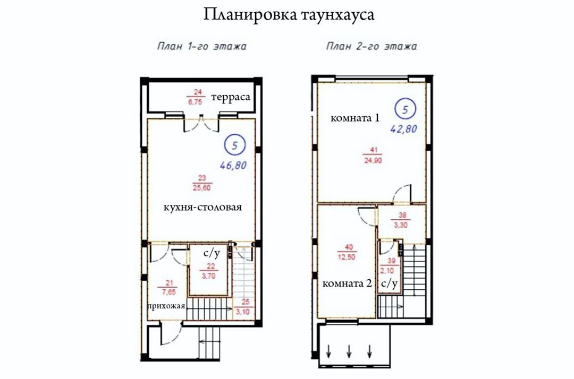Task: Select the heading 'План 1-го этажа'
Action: click(202, 46)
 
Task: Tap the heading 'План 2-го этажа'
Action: click(371, 46)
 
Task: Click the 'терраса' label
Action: click(231, 97)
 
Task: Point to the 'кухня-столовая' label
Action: click(202, 207)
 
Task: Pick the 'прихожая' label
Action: click(166, 306)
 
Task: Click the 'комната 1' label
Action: click(354, 118)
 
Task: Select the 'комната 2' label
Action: click(347, 283)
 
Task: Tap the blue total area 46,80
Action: click(233, 166)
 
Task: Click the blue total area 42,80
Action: click(404, 129)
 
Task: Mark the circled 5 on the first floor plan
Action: click(235, 145)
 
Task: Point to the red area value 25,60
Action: click(202, 188)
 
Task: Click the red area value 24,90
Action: click(374, 160)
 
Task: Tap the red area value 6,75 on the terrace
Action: click(195, 102)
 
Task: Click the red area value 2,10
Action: click(387, 271)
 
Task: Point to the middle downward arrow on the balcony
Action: click(349, 351)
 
